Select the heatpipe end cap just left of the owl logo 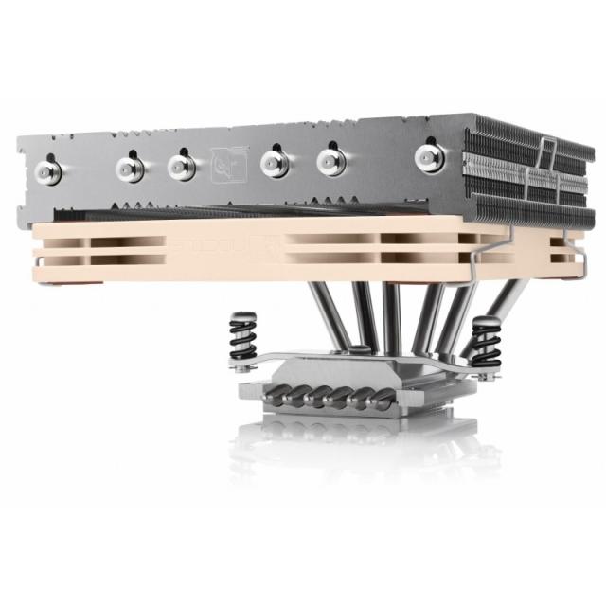point(182,167)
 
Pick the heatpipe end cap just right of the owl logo point(276,161)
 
